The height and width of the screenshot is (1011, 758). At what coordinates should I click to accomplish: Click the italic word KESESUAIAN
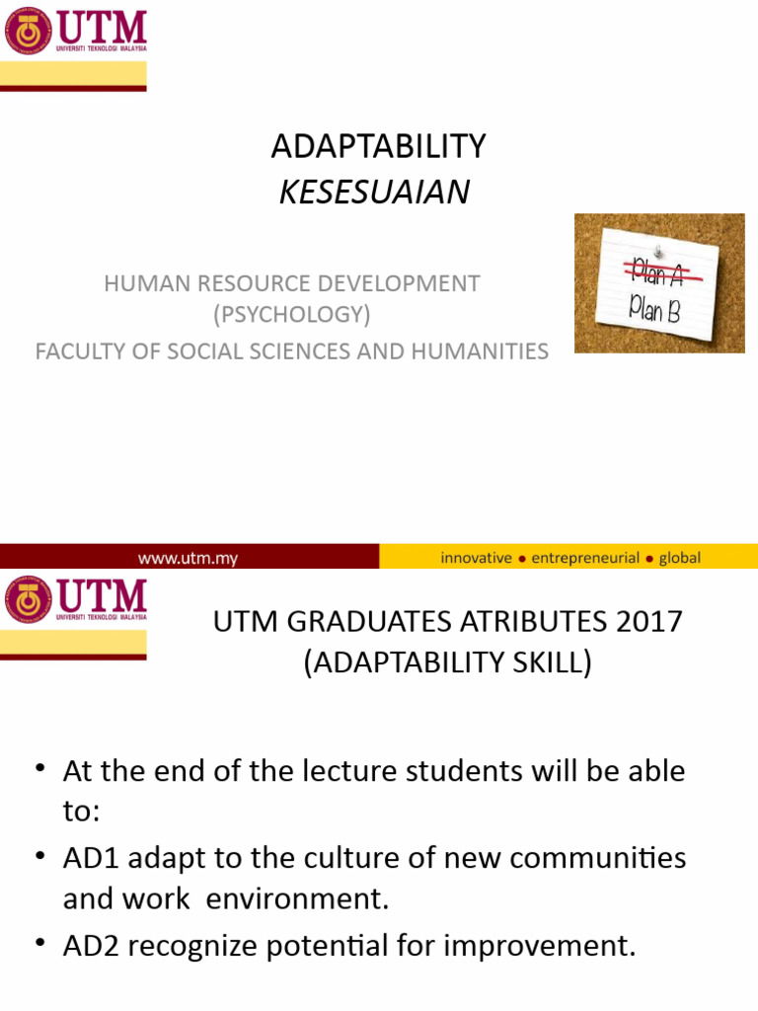(374, 193)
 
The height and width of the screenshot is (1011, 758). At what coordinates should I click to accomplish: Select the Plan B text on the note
(655, 312)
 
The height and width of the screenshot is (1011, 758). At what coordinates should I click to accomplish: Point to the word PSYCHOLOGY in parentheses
(292, 315)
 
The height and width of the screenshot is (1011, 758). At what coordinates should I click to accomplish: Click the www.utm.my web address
(188, 558)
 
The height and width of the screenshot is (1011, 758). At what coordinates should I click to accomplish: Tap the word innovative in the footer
(476, 558)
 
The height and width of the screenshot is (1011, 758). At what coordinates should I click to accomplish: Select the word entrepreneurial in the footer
(585, 558)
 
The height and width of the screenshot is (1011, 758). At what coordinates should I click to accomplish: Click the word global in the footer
(679, 558)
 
